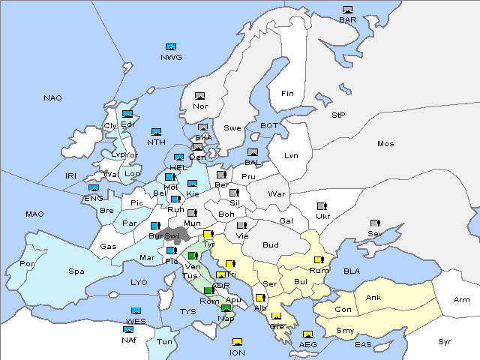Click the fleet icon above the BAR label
[347, 10]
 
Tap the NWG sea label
[170, 57]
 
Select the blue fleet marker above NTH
[156, 132]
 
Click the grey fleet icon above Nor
[199, 96]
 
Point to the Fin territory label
[286, 94]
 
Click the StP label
[338, 115]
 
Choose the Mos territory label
[385, 143]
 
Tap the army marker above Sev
[375, 223]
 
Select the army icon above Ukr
[322, 206]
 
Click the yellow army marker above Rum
[319, 260]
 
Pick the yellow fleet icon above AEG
[307, 334]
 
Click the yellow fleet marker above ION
[237, 343]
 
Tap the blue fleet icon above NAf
[129, 329]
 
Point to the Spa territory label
[76, 271]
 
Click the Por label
[28, 264]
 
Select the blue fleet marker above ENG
[94, 188]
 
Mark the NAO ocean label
[53, 98]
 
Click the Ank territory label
[373, 298]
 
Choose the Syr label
[445, 341]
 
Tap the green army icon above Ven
[193, 256]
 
